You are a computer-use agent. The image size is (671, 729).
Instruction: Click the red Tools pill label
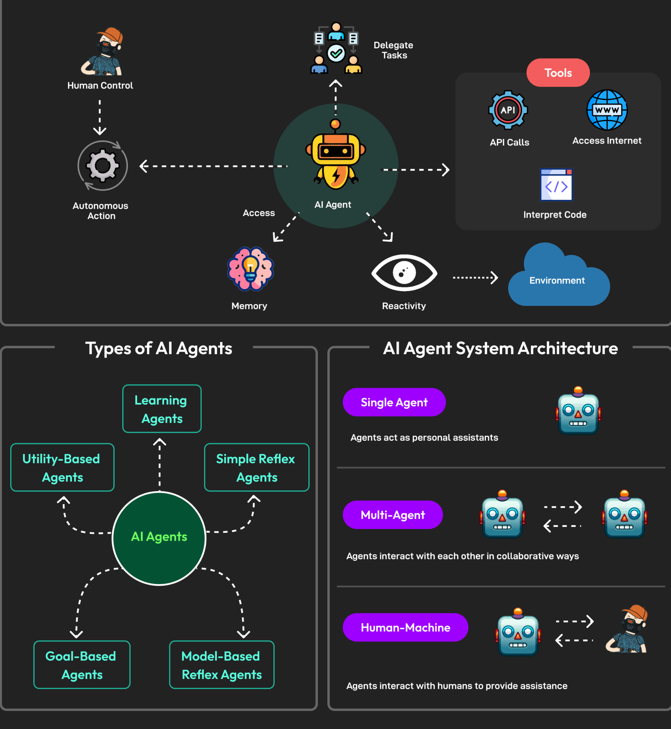[558, 73]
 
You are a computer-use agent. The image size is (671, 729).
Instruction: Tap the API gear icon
[508, 110]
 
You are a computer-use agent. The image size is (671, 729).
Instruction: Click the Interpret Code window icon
[556, 185]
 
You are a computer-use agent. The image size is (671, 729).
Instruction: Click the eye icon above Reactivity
[404, 273]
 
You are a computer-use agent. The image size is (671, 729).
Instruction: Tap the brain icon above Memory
[250, 269]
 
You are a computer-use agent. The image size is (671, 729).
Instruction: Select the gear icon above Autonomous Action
[103, 165]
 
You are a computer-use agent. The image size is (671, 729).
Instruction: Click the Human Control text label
[100, 85]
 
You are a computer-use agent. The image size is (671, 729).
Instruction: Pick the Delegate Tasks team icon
[336, 49]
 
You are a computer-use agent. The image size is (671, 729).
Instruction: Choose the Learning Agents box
[162, 409]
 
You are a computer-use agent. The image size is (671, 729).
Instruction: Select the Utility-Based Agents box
[62, 467]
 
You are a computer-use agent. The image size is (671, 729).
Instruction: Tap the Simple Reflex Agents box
[256, 467]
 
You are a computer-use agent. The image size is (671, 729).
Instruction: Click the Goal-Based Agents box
[82, 664]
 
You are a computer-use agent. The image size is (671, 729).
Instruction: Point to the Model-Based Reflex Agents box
[221, 664]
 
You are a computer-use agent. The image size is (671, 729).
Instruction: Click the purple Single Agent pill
[394, 402]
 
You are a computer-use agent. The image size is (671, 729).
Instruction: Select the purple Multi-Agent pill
[392, 515]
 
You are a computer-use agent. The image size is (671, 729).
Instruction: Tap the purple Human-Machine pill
[405, 627]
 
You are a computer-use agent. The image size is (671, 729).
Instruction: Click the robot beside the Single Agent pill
[578, 412]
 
